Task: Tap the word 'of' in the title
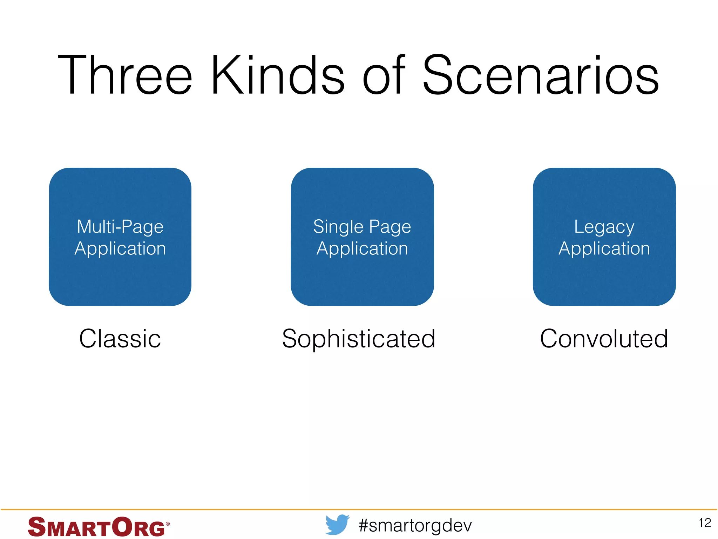[x=384, y=75]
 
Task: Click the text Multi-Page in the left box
[x=120, y=227]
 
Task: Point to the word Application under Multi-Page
[x=120, y=248]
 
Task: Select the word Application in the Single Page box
[x=362, y=248]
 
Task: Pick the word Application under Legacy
[x=604, y=248]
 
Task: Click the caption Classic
[x=120, y=339]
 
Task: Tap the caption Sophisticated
[x=358, y=339]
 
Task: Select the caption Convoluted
[x=604, y=339]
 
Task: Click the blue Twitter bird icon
[x=337, y=525]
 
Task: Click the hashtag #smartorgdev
[x=415, y=526]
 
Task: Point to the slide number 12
[x=704, y=523]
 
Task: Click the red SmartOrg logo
[x=96, y=527]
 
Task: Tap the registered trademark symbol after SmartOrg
[x=168, y=524]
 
